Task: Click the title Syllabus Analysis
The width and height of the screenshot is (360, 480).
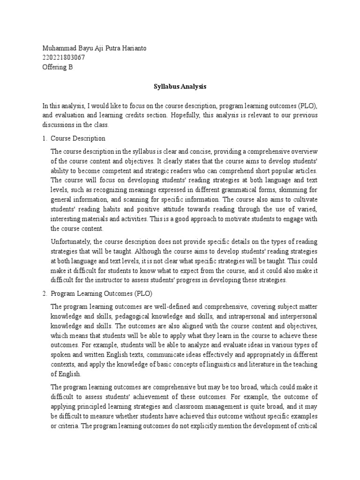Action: [x=180, y=87]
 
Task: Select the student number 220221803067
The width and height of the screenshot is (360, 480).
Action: [x=64, y=58]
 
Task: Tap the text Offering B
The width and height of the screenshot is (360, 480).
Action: [x=58, y=67]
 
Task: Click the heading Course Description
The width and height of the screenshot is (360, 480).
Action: [x=78, y=139]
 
